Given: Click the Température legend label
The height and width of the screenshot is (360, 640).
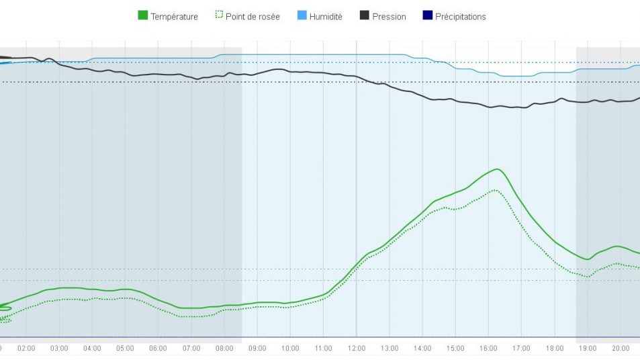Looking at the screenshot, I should click(x=174, y=17).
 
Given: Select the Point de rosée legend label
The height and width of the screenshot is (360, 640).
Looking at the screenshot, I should click(x=253, y=17).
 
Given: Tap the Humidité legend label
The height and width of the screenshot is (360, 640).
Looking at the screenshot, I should click(x=326, y=17).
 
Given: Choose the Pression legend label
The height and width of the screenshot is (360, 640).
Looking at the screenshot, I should click(x=389, y=17).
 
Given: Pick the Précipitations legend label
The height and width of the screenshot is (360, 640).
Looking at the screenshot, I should click(x=460, y=17).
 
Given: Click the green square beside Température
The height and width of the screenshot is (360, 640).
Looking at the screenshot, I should click(x=142, y=16).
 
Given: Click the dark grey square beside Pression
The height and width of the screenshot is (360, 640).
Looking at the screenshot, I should click(x=364, y=16).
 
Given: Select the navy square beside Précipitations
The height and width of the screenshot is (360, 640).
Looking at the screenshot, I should click(x=427, y=16).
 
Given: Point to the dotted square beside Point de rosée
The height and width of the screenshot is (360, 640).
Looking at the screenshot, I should click(x=218, y=16).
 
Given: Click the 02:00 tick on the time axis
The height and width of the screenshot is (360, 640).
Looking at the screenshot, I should click(x=26, y=349).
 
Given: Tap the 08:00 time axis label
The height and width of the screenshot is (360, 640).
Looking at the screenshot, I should click(x=224, y=349).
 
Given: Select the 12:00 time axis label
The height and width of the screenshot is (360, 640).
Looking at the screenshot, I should click(x=357, y=349).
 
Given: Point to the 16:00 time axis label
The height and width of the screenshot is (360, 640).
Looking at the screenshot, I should click(x=488, y=349).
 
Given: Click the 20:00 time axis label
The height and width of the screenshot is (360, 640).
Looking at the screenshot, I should click(x=621, y=349).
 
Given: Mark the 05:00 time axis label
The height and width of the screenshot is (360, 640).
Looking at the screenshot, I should click(x=125, y=349).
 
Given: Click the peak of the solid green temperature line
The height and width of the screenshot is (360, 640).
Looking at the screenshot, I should click(x=497, y=169).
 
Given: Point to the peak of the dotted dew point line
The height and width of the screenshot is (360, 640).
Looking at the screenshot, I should click(x=495, y=190).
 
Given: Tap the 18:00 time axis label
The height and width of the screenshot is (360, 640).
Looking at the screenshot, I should click(x=555, y=349).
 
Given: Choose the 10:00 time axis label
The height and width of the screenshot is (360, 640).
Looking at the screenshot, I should click(x=290, y=349).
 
